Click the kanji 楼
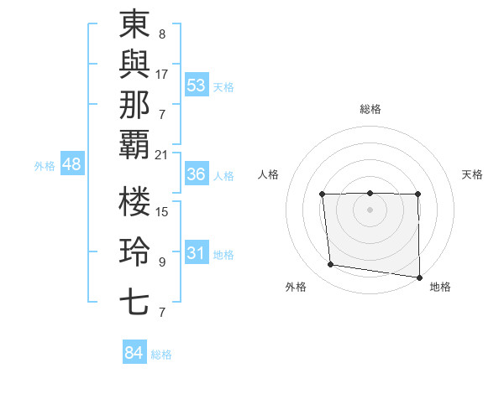coord(134,204)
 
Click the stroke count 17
coord(162,75)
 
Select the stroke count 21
coord(162,155)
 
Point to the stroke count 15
coord(162,212)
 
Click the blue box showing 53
coord(197,85)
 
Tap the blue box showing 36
coord(197,174)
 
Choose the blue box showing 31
coord(197,253)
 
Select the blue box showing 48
coord(71,164)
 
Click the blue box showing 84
coord(134,353)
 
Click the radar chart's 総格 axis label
coord(370,109)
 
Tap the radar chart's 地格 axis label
coord(440,287)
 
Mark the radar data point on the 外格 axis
coord(331,265)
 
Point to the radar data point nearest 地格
coord(419,277)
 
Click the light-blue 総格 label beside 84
coord(161,355)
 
